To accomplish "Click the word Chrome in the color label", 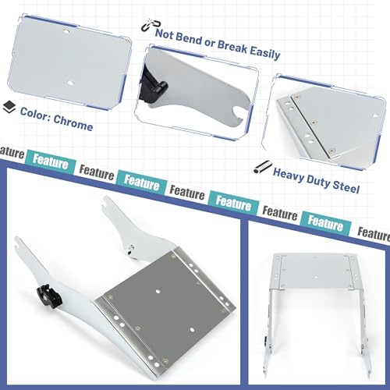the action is point(73,122).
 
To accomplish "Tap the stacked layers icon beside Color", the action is point(9,107).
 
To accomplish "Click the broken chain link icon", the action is point(151,25).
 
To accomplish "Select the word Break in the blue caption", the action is point(232,47).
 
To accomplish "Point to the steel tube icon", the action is point(263,167).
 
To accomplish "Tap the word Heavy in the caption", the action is point(289,175).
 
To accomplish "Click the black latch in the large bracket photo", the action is point(48,296).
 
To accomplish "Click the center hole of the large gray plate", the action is point(158,292).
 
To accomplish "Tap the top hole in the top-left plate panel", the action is point(66,32).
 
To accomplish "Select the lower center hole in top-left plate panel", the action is point(70,83).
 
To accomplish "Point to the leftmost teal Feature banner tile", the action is point(51,161).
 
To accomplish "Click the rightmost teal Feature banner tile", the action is point(325,223).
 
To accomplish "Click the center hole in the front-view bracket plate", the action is point(316,277).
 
